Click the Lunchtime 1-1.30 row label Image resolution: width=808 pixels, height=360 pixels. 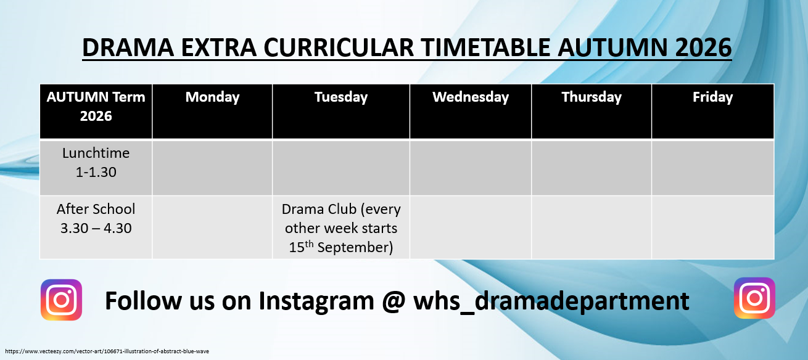click(x=96, y=163)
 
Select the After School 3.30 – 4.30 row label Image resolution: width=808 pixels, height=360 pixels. click(x=96, y=218)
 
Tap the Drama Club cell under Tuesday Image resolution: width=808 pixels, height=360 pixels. click(x=341, y=228)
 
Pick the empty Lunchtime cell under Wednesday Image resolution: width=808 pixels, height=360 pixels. click(x=471, y=168)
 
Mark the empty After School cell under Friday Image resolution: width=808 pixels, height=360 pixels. click(x=713, y=227)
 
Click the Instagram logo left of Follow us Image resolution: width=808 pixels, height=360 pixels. click(x=61, y=300)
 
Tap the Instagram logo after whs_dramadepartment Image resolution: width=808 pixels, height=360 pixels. click(x=754, y=298)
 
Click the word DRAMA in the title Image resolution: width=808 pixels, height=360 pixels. click(x=128, y=47)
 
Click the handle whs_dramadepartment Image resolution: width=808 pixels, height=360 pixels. click(x=551, y=301)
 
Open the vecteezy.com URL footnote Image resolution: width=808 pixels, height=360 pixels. click(x=107, y=351)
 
